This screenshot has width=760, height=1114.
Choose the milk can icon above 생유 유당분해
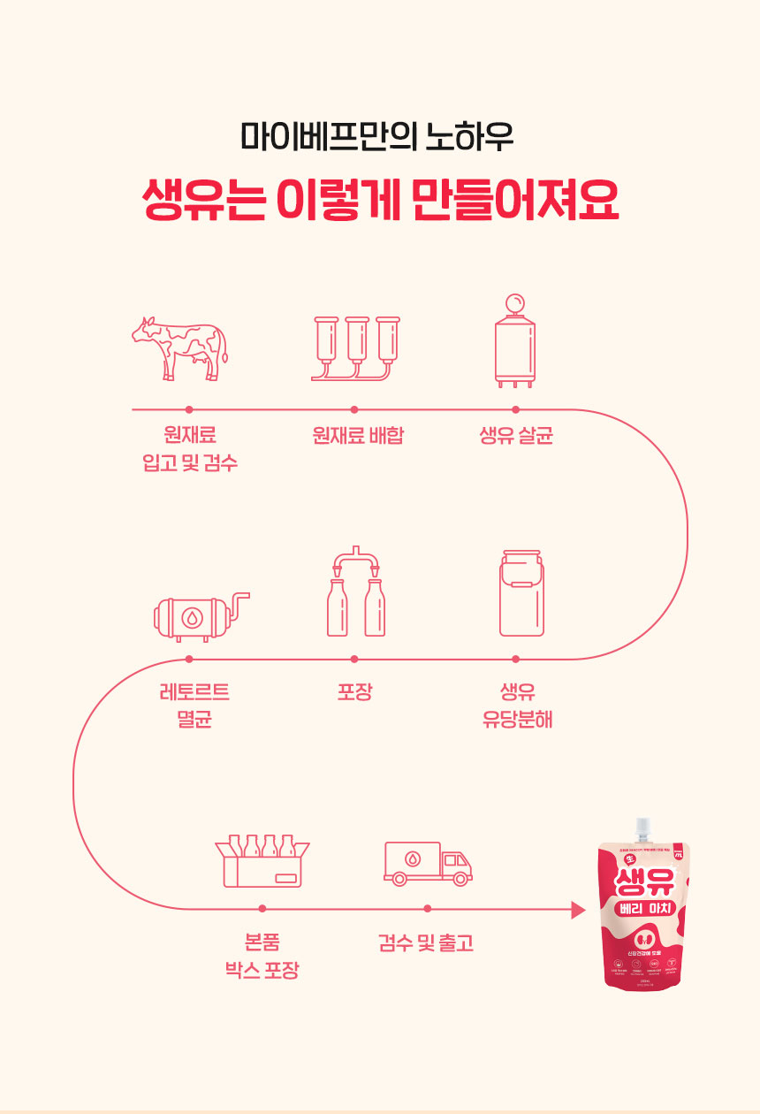[521, 592]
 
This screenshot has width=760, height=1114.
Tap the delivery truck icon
[428, 863]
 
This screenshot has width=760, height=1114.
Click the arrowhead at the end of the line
[579, 909]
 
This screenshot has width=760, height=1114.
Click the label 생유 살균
[516, 435]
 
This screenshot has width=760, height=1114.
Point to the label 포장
[354, 691]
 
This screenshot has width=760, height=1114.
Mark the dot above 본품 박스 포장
[262, 909]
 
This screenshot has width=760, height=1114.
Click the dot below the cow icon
[189, 409]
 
